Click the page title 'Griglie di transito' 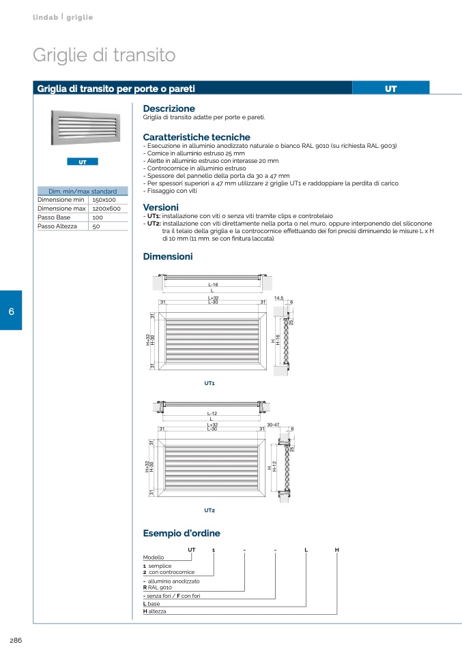[x=104, y=55]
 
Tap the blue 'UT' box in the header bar [x=391, y=89]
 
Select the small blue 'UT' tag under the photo [x=83, y=162]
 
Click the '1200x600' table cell [x=106, y=209]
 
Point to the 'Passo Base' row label [x=54, y=217]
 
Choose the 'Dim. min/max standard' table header [x=83, y=192]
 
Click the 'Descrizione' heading [x=169, y=108]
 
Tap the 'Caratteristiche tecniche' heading [x=197, y=137]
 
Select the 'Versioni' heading [x=160, y=207]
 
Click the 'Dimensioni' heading [x=168, y=257]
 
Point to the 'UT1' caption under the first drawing [x=210, y=384]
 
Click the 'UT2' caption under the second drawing [x=210, y=510]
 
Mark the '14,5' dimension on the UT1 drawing [x=278, y=298]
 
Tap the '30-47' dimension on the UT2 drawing [x=274, y=425]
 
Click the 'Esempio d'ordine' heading [x=182, y=534]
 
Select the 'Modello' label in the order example [x=153, y=558]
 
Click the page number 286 [x=16, y=639]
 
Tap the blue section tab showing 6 [x=11, y=310]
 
